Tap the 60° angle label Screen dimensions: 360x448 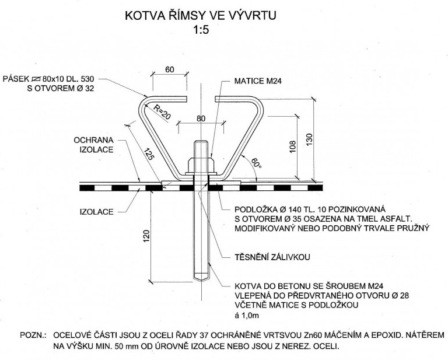click(257, 163)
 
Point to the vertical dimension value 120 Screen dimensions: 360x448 click(148, 237)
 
